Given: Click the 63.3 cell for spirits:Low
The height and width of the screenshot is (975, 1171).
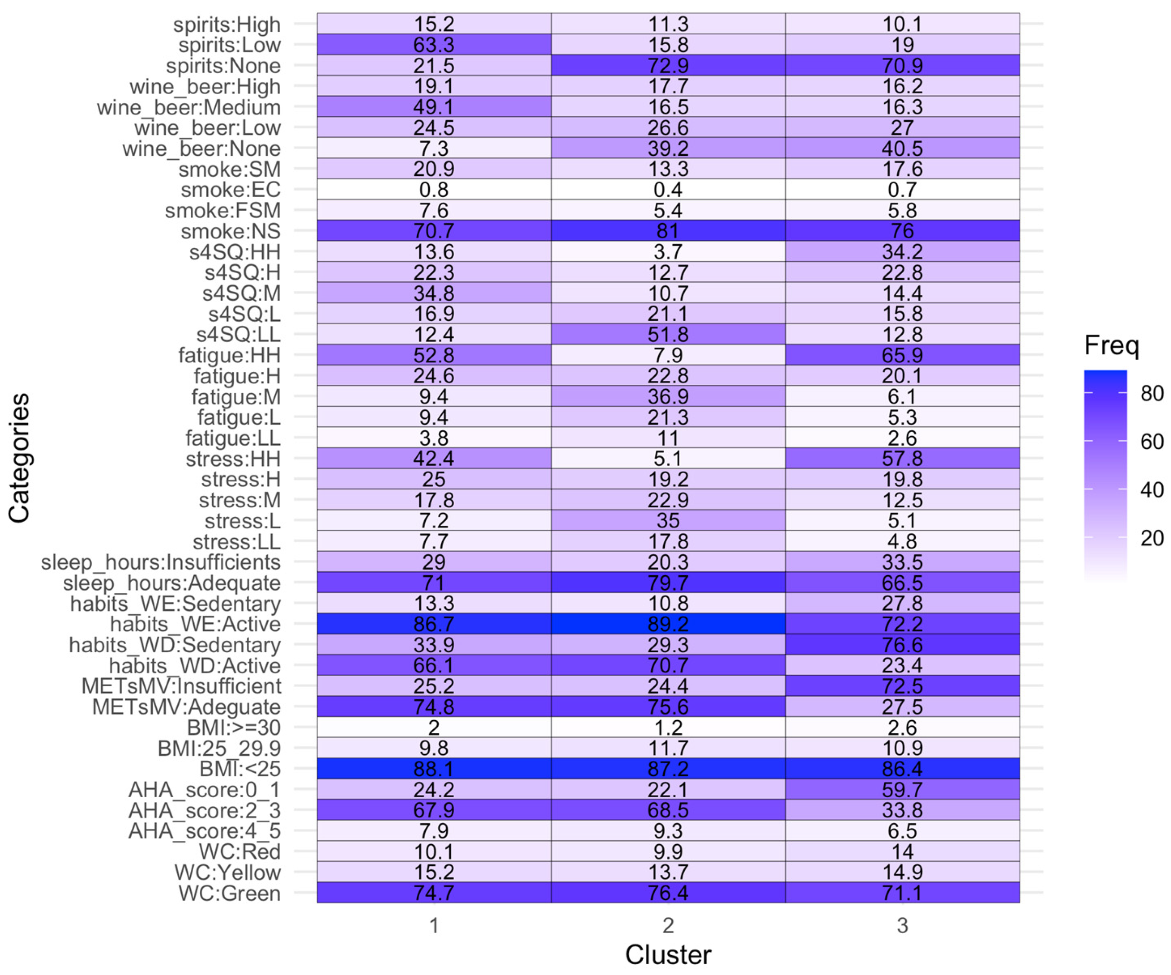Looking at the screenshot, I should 434,45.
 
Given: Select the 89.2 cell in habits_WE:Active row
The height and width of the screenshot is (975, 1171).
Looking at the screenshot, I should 668,624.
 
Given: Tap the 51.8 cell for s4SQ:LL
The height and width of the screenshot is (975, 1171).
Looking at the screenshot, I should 668,334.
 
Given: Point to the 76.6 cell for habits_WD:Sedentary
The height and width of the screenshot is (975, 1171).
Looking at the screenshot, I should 902,645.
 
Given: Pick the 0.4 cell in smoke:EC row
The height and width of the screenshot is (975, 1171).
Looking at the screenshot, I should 668,190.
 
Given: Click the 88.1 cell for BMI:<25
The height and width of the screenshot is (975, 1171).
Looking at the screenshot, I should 434,769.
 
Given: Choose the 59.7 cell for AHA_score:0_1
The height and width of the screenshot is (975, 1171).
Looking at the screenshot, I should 902,790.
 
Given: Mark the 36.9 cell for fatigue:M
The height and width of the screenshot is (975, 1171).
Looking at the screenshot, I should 668,396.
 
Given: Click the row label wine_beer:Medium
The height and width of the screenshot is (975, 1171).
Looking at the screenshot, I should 189,107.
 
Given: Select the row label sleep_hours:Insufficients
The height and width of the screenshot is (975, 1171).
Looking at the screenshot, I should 161,562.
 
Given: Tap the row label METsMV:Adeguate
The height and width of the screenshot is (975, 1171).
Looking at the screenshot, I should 186,707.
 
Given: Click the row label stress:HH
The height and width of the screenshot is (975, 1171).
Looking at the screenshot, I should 233,459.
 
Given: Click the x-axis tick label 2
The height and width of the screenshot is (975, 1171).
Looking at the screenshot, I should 668,926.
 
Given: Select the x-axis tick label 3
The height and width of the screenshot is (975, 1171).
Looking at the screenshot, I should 902,926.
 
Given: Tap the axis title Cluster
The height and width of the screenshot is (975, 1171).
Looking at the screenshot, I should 668,955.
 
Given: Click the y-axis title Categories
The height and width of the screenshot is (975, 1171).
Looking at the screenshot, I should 19,458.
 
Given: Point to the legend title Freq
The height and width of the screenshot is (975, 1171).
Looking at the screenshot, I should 1111,346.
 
